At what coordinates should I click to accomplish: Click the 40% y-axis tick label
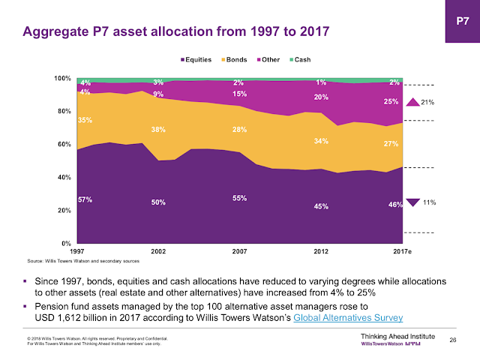click(x=64, y=177)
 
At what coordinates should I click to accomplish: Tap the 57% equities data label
click(x=85, y=199)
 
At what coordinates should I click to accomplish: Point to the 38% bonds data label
click(x=157, y=128)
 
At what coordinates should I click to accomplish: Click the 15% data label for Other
click(x=238, y=94)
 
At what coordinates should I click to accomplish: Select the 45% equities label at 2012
click(x=320, y=205)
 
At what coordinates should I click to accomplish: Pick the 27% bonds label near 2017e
click(x=391, y=144)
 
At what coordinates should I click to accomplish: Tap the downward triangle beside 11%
click(x=412, y=202)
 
